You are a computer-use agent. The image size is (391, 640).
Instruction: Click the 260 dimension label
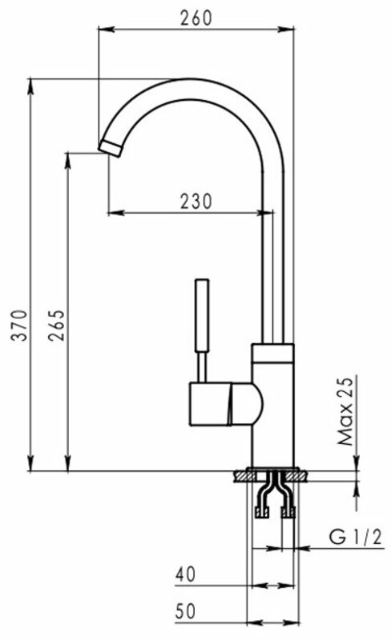tap(196, 18)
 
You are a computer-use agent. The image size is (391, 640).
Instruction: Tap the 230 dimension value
tap(196, 202)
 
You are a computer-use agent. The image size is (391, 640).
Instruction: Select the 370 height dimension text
tap(20, 326)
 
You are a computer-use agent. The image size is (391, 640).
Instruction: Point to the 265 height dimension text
tap(56, 326)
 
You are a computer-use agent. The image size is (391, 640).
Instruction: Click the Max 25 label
tap(345, 410)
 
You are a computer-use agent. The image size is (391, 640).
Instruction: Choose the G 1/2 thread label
tap(356, 537)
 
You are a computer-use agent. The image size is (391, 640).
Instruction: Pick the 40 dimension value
tap(185, 574)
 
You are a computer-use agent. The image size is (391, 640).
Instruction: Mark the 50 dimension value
tap(185, 611)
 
